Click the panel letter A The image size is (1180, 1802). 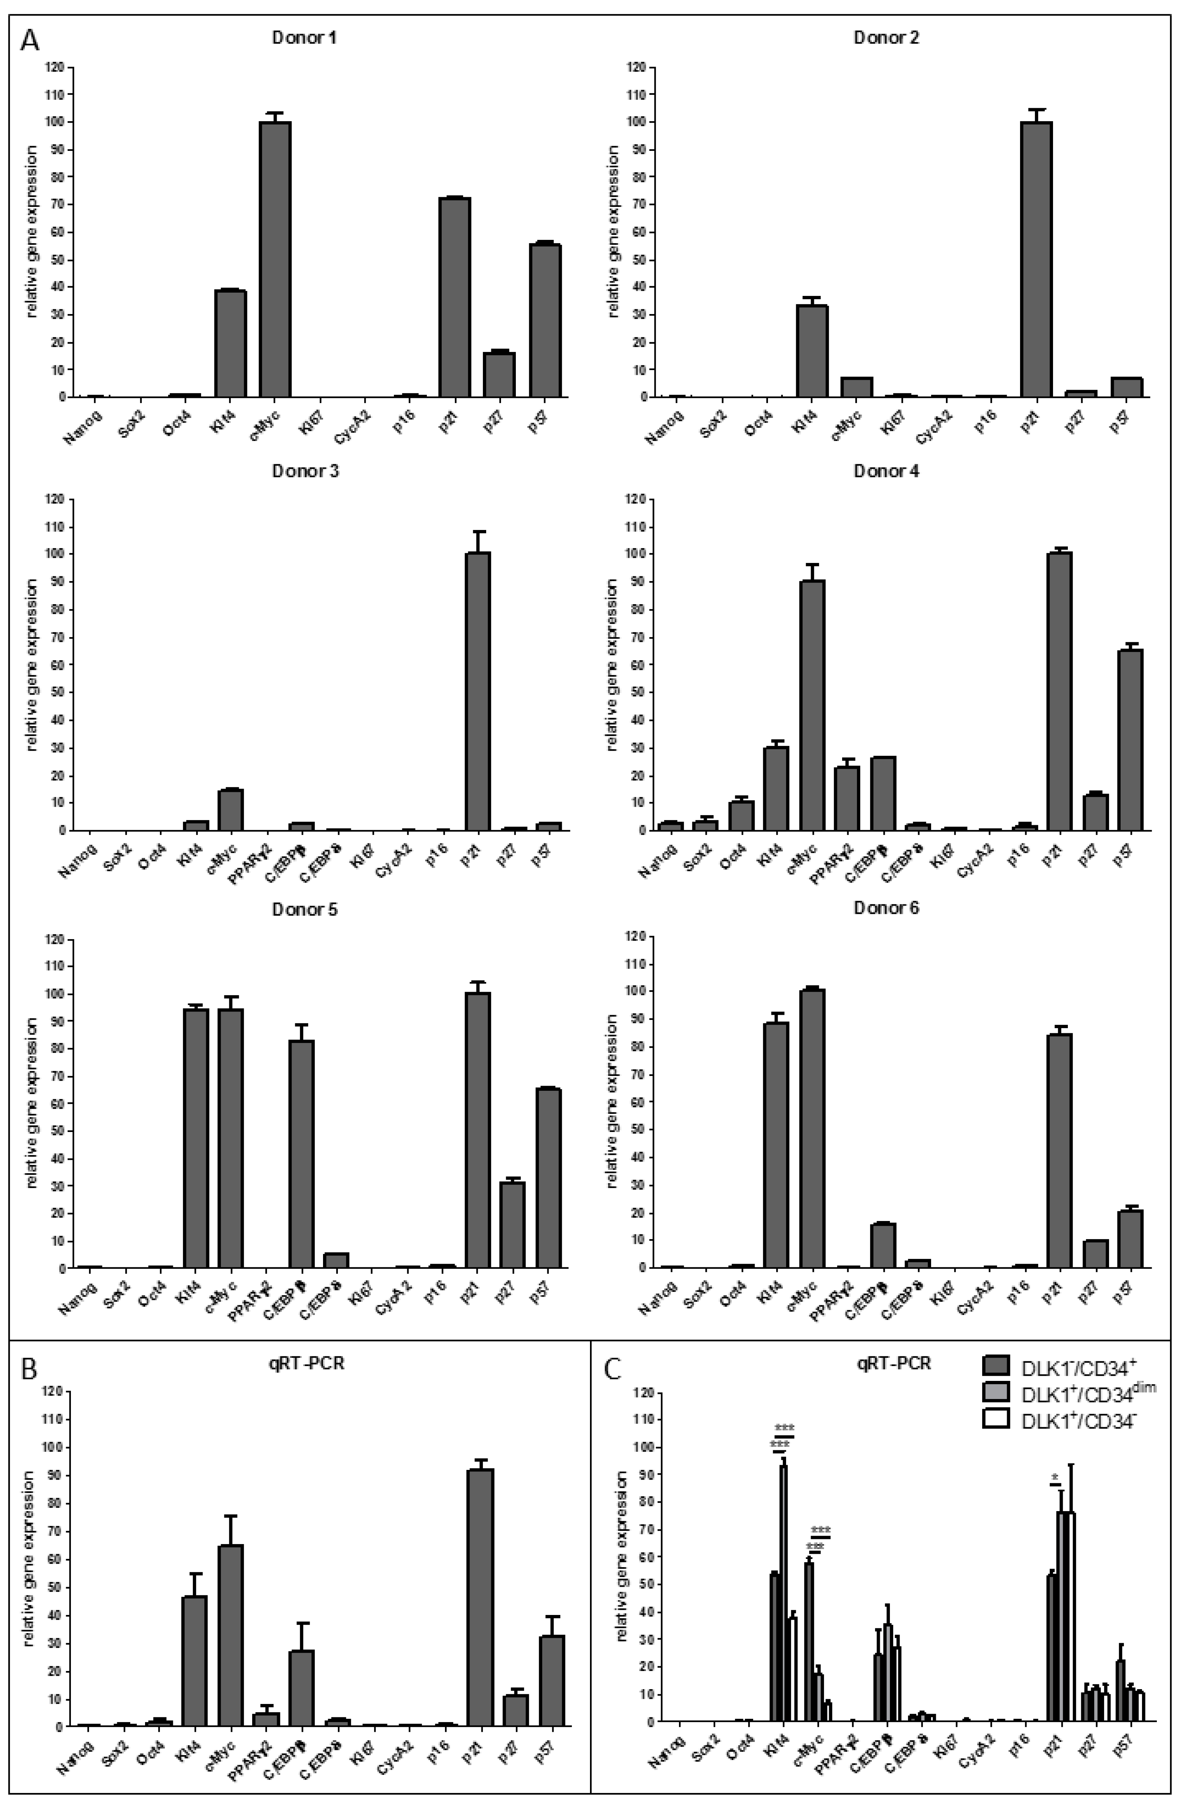coord(30,39)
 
